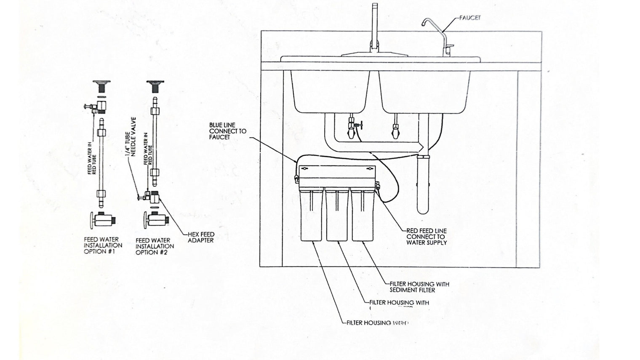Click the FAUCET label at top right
pyautogui.click(x=470, y=18)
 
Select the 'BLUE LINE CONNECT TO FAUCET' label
pyautogui.click(x=228, y=131)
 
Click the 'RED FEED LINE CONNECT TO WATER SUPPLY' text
pyautogui.click(x=426, y=237)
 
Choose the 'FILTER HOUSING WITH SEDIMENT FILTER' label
pyautogui.click(x=419, y=287)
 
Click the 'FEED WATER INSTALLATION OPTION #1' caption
pyautogui.click(x=103, y=245)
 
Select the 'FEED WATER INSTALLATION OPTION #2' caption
pyautogui.click(x=155, y=246)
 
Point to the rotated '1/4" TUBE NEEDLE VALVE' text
pyautogui.click(x=131, y=137)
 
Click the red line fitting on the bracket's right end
pyautogui.click(x=377, y=185)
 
